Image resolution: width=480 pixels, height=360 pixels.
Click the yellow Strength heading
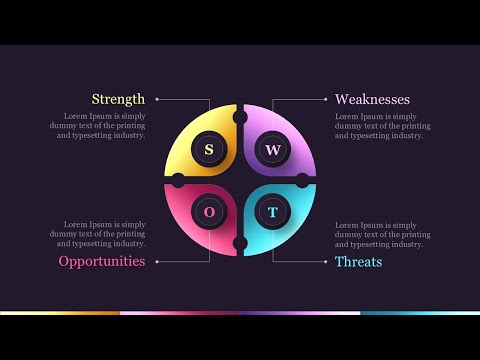pos(118,99)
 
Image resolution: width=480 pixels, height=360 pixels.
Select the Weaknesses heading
pos(372,99)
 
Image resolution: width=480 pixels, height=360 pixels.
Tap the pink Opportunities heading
pos(101,261)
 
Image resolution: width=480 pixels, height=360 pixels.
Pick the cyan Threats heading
pos(358,261)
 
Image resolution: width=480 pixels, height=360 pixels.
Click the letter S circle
pos(209,149)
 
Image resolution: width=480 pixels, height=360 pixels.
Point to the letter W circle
pos(272,149)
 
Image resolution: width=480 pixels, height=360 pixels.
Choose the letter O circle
pos(209,212)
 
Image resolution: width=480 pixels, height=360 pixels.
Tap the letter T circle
pos(272,212)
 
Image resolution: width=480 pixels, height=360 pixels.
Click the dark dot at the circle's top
pos(240,118)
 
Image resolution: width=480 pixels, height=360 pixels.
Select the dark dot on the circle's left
pos(178,180)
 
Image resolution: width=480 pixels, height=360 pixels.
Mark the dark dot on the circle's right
pos(302,180)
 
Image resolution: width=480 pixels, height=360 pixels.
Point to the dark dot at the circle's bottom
pos(240,243)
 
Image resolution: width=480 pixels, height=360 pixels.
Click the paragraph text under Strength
pos(97,126)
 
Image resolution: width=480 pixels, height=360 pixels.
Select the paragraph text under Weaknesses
pos(383,126)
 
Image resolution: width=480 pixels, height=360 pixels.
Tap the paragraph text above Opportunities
pos(97,234)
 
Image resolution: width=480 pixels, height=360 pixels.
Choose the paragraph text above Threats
pos(383,234)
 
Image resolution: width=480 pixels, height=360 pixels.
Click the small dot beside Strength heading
pos(156,99)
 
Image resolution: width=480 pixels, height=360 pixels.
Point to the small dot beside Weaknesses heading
pos(325,99)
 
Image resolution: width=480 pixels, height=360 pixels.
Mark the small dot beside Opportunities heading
pos(156,261)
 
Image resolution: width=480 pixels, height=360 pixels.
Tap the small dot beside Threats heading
pos(325,261)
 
